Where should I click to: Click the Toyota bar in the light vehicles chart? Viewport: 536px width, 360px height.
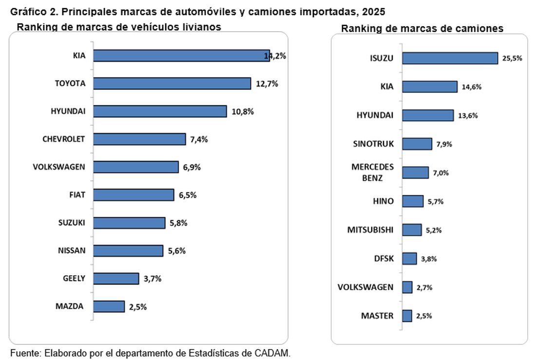172,83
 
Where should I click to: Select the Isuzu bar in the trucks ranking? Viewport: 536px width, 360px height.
450,58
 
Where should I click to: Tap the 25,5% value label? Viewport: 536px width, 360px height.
512,58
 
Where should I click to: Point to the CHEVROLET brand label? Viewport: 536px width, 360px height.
64,139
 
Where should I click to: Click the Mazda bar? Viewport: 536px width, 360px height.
109,306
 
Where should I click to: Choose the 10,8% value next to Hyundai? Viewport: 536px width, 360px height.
243,112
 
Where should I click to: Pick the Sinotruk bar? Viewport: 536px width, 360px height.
417,144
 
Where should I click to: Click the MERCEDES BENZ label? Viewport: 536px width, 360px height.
372,172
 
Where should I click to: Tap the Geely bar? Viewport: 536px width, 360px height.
116,279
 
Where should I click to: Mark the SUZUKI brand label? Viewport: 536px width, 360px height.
71,223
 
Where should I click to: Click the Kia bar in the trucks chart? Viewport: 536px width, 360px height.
430,87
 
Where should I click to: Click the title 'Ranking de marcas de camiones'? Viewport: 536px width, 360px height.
422,29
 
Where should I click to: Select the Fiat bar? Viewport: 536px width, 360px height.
134,195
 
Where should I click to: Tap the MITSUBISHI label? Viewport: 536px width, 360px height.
370,229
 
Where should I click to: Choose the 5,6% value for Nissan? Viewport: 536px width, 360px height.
176,251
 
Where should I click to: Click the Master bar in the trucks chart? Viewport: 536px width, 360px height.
407,316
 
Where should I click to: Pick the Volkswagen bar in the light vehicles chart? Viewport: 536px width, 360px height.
136,167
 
